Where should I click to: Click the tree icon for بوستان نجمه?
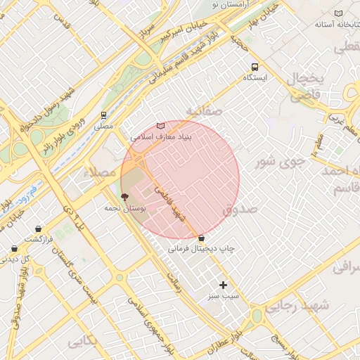[125, 198]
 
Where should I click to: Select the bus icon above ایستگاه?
[253, 67]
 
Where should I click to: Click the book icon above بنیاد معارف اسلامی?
[160, 126]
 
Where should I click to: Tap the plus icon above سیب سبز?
[224, 285]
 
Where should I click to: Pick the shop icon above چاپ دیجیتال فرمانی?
[202, 238]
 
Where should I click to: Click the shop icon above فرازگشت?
[37, 229]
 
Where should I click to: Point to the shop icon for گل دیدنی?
[14, 248]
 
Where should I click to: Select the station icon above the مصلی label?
[104, 115]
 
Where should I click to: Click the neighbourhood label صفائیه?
[204, 111]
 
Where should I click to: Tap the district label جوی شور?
[279, 162]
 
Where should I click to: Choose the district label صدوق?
[240, 210]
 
